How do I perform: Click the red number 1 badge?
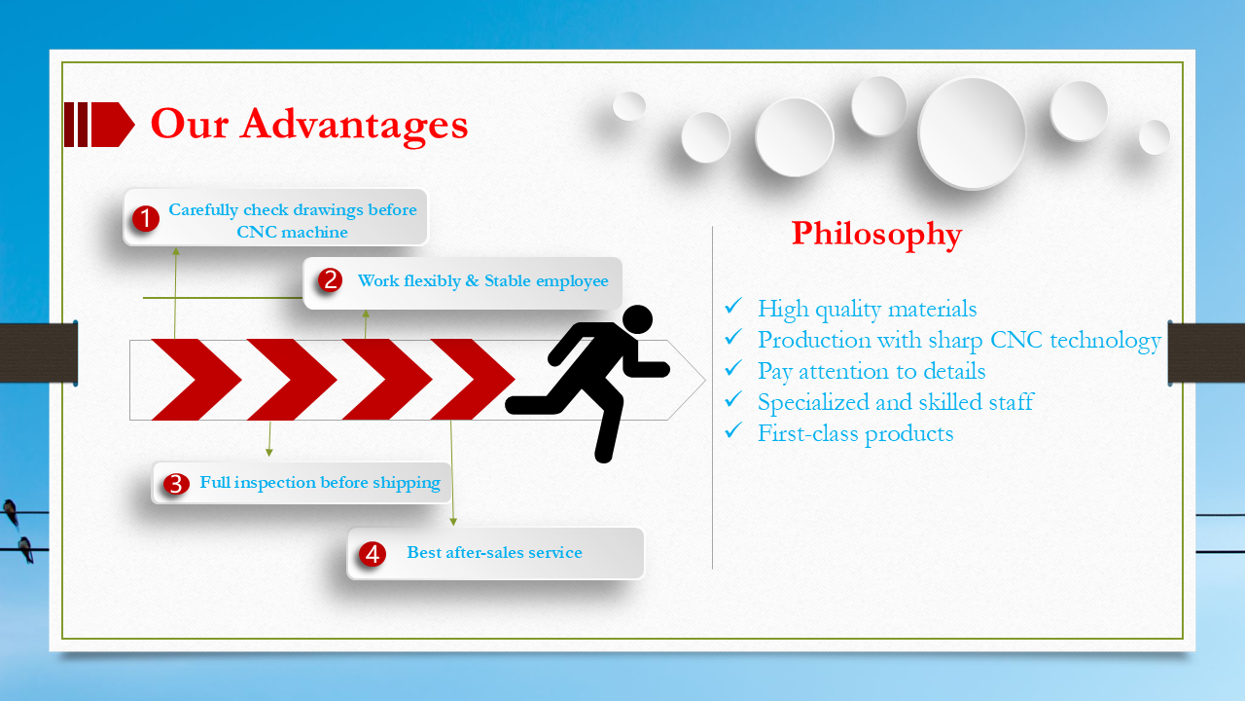pyautogui.click(x=146, y=218)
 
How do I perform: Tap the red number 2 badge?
pyautogui.click(x=330, y=279)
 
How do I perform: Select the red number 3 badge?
pyautogui.click(x=176, y=484)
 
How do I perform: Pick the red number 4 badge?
pyautogui.click(x=373, y=554)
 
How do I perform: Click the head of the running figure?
pyautogui.click(x=637, y=319)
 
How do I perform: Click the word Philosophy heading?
pyautogui.click(x=876, y=235)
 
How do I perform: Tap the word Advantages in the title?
pyautogui.click(x=354, y=125)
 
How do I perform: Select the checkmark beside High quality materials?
pyautogui.click(x=733, y=306)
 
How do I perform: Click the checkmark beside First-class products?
pyautogui.click(x=733, y=430)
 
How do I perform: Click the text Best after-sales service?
pyautogui.click(x=495, y=552)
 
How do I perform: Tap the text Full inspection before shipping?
pyautogui.click(x=320, y=482)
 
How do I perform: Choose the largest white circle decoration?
pyautogui.click(x=972, y=132)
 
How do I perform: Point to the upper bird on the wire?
pyautogui.click(x=11, y=512)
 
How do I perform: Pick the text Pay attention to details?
pyautogui.click(x=871, y=372)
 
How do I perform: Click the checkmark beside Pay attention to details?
pyautogui.click(x=733, y=368)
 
